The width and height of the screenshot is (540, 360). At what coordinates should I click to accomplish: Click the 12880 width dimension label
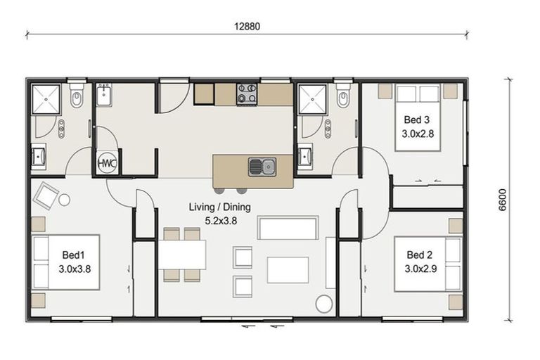[x=247, y=27]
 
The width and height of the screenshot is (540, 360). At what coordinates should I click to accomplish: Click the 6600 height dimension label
[x=503, y=200]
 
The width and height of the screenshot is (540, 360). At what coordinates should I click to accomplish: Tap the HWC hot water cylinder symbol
[x=107, y=163]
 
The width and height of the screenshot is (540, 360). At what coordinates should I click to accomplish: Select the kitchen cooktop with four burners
[x=247, y=94]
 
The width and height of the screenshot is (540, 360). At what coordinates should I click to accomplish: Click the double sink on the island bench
[x=262, y=167]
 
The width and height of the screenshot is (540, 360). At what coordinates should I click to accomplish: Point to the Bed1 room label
[x=73, y=255]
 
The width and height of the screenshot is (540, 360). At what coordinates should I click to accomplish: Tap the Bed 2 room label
[x=420, y=255]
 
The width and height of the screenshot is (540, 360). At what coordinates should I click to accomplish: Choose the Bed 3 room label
[x=417, y=120]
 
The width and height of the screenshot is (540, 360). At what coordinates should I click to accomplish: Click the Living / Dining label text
[x=219, y=207]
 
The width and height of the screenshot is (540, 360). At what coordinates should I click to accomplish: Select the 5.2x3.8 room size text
[x=221, y=221]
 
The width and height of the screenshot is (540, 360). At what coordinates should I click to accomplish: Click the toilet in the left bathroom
[x=76, y=96]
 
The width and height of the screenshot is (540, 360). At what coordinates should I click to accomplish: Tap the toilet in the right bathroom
[x=343, y=96]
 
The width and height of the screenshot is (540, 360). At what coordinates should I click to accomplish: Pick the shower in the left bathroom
[x=46, y=99]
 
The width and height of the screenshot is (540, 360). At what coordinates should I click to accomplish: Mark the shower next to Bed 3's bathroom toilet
[x=312, y=99]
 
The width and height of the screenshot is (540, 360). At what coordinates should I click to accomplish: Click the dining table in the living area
[x=182, y=255]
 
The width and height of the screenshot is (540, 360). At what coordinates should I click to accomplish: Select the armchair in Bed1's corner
[x=46, y=195]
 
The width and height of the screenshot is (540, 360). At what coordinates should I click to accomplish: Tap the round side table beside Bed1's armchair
[x=65, y=200]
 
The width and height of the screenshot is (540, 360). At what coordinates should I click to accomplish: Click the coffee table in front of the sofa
[x=288, y=270]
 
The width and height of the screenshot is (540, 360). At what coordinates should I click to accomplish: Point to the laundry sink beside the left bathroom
[x=103, y=96]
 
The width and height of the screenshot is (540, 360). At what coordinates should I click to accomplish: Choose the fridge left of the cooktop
[x=204, y=94]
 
